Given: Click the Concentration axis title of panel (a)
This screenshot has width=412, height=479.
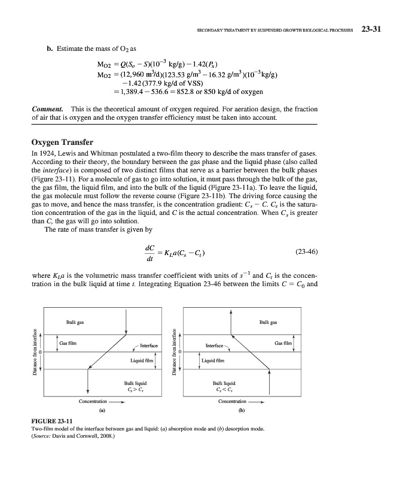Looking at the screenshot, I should point(93,401).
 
